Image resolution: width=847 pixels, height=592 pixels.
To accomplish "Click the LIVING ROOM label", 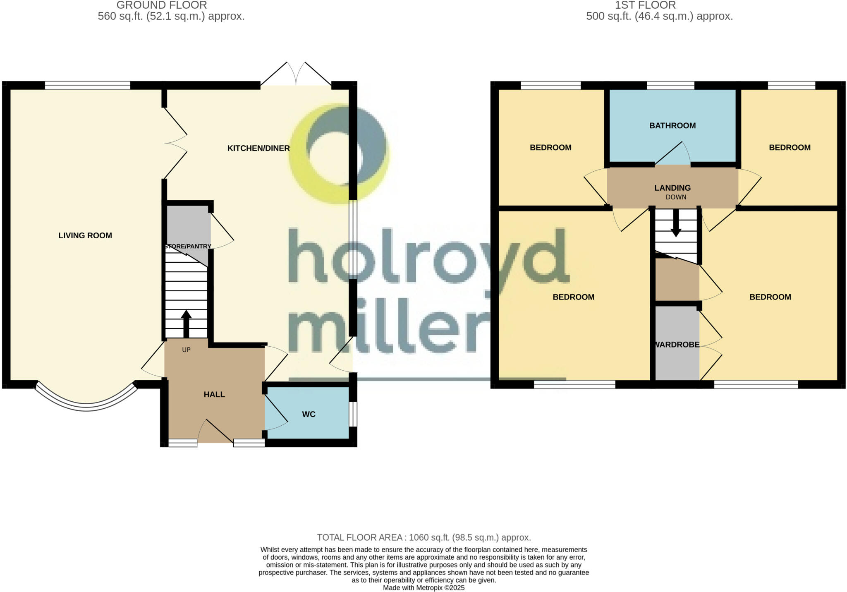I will click(x=85, y=236).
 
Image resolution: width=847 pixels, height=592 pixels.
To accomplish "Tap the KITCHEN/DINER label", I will click(x=258, y=148).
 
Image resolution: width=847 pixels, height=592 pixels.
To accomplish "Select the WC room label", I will click(x=309, y=415).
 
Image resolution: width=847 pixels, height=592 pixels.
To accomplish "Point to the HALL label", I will click(x=214, y=395).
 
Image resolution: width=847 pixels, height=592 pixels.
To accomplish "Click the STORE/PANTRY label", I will click(x=188, y=247).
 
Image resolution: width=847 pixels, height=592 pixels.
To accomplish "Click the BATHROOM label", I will click(x=672, y=126).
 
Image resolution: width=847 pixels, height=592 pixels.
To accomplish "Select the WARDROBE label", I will click(x=677, y=345).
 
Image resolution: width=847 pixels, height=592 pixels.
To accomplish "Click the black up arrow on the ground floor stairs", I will click(x=186, y=323).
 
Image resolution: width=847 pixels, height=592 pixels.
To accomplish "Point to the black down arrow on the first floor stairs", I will click(x=676, y=223).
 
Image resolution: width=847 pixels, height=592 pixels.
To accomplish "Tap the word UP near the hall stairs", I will click(x=186, y=350).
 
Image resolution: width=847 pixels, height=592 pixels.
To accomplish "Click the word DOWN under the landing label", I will click(x=676, y=197).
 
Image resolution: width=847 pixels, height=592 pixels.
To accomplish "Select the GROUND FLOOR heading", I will click(x=162, y=5).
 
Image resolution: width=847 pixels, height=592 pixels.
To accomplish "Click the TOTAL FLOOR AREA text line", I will click(x=423, y=537).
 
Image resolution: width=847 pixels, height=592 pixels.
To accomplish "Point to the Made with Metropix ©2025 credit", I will click(x=423, y=588).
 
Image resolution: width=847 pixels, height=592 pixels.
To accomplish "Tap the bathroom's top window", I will click(x=670, y=86).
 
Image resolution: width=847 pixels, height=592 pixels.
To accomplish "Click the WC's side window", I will click(x=352, y=414).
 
